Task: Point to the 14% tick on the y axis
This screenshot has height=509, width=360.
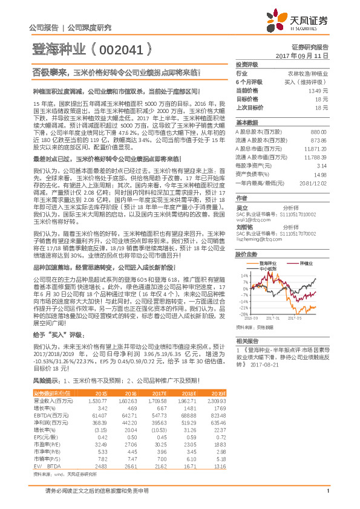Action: pyautogui.click(x=244, y=275)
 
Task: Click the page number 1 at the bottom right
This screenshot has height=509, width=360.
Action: pyautogui.click(x=327, y=498)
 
